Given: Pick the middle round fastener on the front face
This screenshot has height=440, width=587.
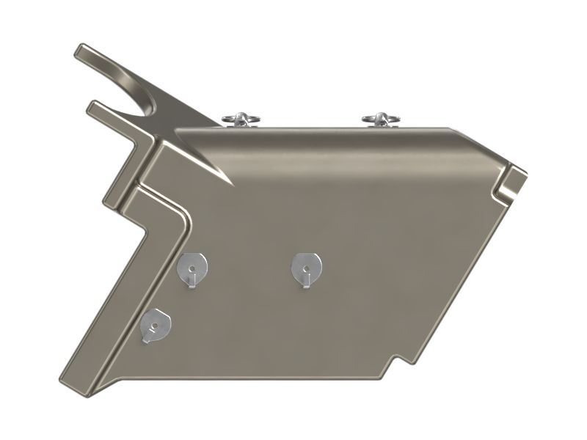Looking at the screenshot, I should coord(305,265).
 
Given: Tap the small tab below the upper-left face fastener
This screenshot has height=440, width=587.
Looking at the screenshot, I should coord(191,283).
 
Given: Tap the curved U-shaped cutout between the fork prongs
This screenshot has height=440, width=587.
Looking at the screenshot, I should coord(150,103).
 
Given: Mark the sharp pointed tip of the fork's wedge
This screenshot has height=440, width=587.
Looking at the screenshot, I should coord(231,184).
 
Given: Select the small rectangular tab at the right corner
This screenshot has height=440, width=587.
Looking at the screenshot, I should coord(514,180).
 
